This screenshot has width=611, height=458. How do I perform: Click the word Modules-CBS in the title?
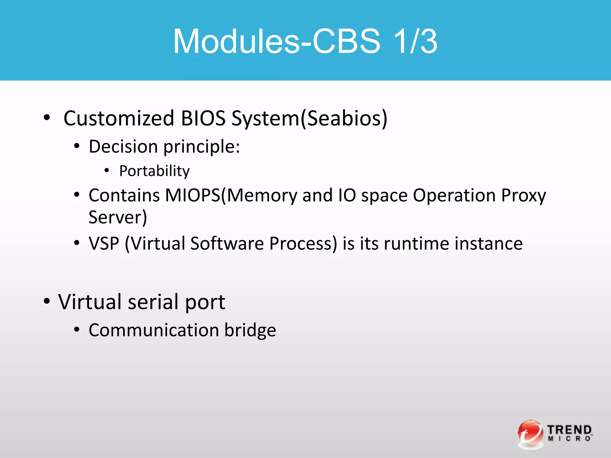[276, 41]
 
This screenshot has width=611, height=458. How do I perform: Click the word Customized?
[119, 118]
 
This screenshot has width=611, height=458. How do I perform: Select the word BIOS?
[203, 118]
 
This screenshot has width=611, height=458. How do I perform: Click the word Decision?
[123, 147]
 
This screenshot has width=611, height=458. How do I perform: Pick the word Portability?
[154, 171]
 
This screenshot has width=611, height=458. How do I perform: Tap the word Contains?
[124, 195]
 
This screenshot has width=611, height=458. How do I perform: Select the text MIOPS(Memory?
[231, 196]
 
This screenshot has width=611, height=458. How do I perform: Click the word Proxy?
[523, 196]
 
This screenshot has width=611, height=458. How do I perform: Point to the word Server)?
[118, 217]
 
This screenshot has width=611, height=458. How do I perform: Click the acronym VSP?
[104, 243]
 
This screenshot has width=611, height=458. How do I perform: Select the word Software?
[227, 243]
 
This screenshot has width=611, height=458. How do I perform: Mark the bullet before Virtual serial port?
[47, 301]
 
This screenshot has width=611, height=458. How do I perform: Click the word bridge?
[250, 330]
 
